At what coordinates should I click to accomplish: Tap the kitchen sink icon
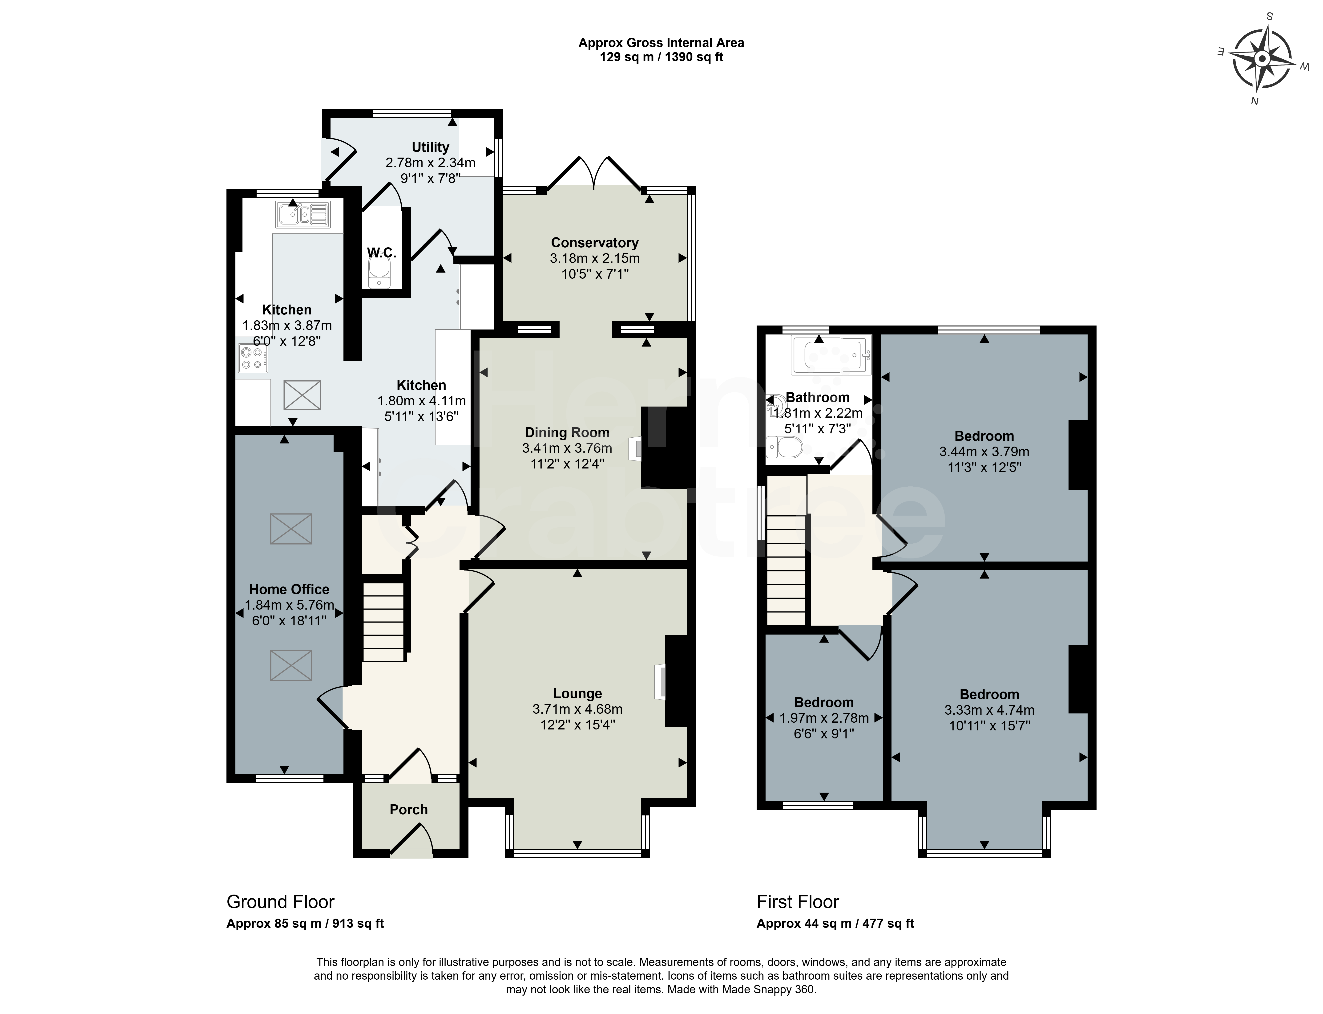(303, 214)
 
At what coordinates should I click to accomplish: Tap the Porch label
(408, 809)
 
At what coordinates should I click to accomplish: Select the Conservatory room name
(595, 243)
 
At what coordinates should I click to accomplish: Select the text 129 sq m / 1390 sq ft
(661, 57)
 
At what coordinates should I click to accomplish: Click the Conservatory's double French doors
(594, 174)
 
